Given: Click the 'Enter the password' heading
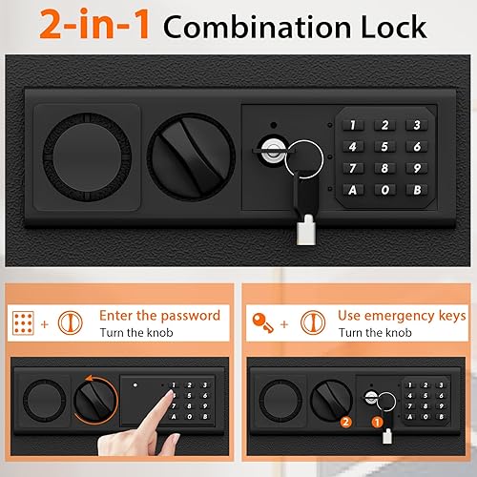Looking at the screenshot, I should click(158, 315).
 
